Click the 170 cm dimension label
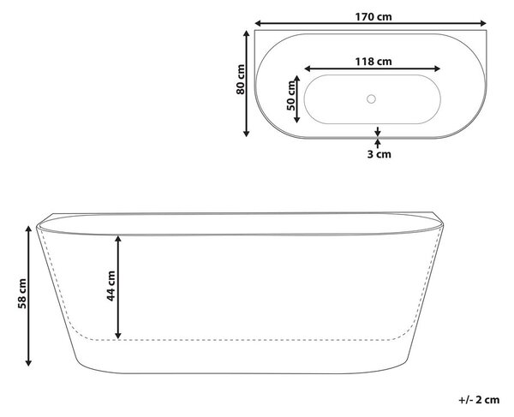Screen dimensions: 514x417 pos(374,16)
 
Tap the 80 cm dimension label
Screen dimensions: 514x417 pos(241,80)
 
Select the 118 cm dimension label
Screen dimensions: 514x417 pos(374,62)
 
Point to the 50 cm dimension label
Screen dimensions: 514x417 pos(290,96)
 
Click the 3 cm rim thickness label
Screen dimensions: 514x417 pos(379,154)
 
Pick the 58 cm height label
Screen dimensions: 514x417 pos(22,294)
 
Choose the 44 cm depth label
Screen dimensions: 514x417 pos(111,286)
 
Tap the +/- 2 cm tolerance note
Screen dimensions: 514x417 pos(479,400)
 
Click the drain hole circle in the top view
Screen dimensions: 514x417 pos(371,98)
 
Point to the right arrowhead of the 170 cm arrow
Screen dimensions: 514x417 pos(483,23)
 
